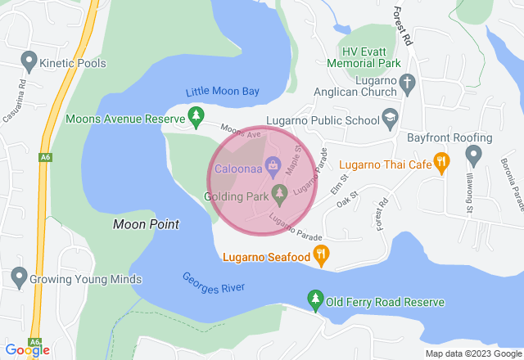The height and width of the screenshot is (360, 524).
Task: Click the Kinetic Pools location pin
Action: point(29,60)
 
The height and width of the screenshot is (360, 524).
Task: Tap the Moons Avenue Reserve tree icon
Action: point(196,118)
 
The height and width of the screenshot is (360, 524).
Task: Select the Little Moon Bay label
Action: point(223,92)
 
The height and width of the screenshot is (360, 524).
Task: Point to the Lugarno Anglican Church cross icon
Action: point(408,83)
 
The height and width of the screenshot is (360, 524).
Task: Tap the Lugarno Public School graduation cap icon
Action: point(390,119)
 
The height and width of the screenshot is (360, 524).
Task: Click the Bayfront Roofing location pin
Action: point(472,153)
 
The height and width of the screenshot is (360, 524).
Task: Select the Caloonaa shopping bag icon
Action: point(271,169)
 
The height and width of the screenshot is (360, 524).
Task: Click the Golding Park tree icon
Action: point(280,195)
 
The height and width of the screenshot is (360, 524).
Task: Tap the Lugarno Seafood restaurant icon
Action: point(322,256)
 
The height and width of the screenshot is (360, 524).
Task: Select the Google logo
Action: point(26,350)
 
